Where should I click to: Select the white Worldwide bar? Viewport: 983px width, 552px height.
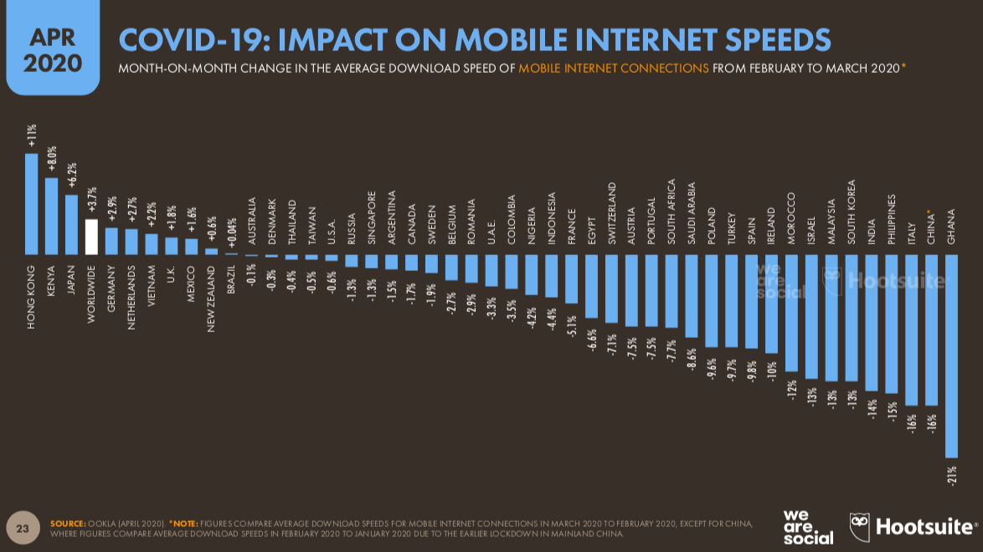point(91,237)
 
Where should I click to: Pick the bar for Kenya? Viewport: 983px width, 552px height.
point(51,215)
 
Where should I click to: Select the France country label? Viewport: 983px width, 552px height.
point(572,225)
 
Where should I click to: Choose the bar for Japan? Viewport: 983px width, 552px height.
point(71,224)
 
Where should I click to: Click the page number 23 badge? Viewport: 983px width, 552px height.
point(23,528)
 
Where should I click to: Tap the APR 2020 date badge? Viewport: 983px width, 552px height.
point(52,50)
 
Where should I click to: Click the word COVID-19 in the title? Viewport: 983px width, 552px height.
point(186,39)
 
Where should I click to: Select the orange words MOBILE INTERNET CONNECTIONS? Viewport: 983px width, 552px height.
point(613,68)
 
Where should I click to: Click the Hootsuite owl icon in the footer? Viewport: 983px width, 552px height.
point(860,526)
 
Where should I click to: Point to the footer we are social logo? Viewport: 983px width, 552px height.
point(808,526)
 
